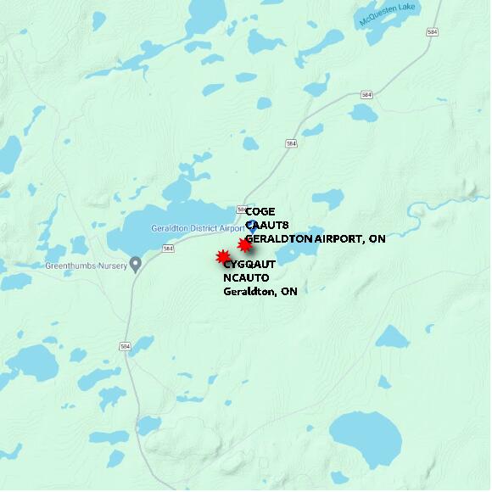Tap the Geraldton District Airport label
tap(197, 228)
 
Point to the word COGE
tap(260, 212)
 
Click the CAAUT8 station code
tap(267, 226)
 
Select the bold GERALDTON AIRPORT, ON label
tap(316, 239)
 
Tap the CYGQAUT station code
tap(249, 265)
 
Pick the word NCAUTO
tap(246, 277)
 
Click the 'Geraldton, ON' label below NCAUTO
tap(260, 291)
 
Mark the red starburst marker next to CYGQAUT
tap(223, 256)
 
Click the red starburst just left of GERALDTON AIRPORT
tap(244, 245)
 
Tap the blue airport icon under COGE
tap(251, 226)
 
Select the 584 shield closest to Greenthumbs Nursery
tap(169, 249)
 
